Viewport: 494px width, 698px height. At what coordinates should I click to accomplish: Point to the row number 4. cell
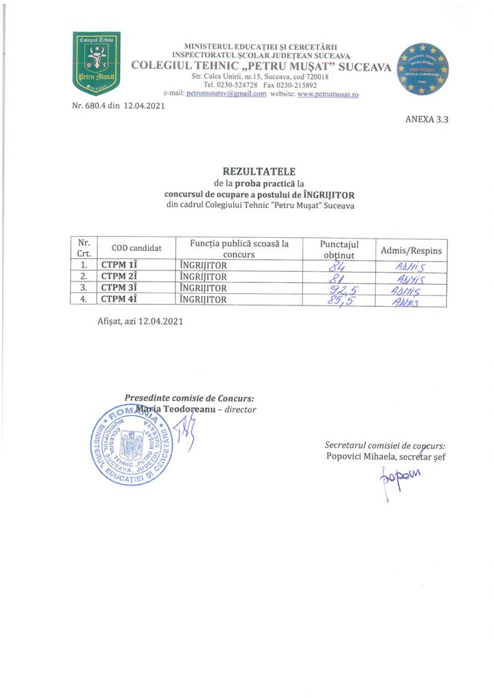83,299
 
